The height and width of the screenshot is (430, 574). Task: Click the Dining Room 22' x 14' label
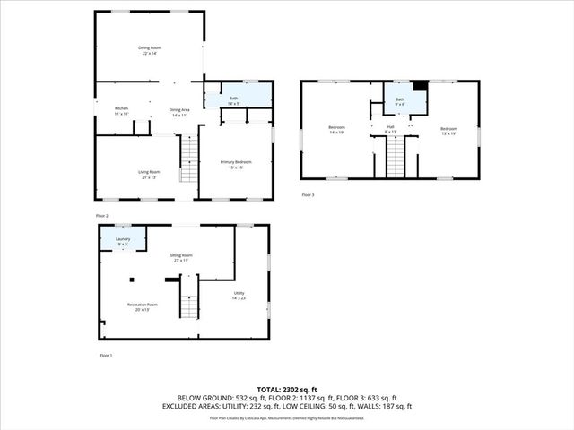(148, 51)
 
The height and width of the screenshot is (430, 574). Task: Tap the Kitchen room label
(121, 111)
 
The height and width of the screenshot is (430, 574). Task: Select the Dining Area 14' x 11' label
(178, 112)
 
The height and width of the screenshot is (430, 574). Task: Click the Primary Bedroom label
(236, 164)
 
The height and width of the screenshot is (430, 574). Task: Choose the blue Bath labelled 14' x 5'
(233, 99)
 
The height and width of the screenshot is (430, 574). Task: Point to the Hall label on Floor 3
(391, 129)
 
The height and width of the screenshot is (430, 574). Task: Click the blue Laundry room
(124, 240)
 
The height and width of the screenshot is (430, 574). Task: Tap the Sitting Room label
(182, 257)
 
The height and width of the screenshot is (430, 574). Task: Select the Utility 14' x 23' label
(239, 296)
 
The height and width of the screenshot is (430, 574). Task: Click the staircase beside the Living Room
(187, 159)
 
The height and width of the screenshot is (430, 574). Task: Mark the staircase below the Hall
(396, 159)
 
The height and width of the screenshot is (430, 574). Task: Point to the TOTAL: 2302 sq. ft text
(287, 389)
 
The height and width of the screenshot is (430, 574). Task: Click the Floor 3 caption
(308, 194)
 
